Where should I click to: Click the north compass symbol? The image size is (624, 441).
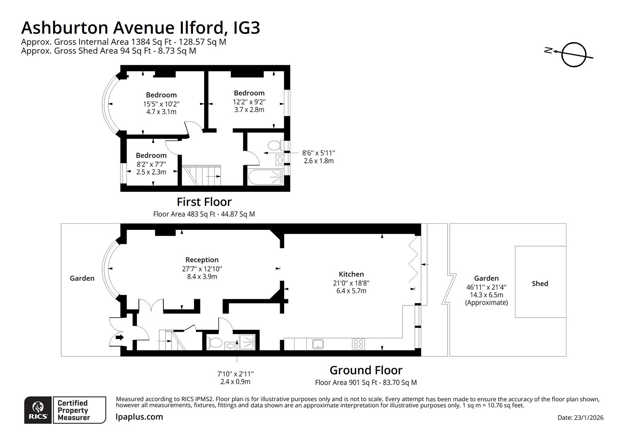(573, 54)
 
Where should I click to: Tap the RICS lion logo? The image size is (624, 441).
(38, 410)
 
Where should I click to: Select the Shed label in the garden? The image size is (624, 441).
(539, 283)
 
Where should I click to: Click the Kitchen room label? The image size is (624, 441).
(351, 274)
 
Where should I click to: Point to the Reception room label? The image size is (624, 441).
(202, 260)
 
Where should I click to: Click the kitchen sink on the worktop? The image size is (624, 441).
(318, 344)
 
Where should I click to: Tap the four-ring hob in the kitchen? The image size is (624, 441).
(358, 344)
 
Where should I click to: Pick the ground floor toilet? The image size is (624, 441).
(214, 342)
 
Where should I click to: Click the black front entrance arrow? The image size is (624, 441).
(120, 338)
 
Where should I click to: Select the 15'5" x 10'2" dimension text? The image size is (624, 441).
(161, 104)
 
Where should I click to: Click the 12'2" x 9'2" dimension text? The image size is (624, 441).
(249, 102)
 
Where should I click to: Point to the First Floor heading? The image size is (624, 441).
(204, 202)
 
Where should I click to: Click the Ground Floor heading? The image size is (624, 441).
(366, 370)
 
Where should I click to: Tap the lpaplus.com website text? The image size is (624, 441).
(139, 417)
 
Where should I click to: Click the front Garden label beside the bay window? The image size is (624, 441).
(82, 278)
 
